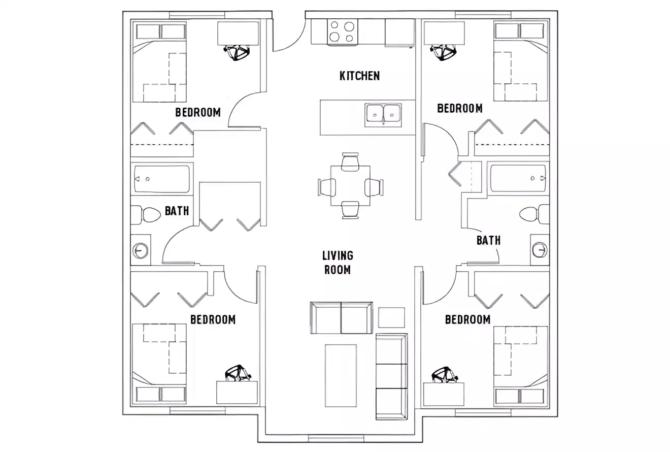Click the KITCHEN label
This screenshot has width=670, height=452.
(359, 76)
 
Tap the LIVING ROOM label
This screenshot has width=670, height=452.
(338, 263)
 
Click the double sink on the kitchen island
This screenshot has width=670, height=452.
(383, 114)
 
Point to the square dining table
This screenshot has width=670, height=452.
(350, 185)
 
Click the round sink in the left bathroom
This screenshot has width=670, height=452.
(141, 250)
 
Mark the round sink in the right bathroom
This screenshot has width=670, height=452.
(539, 249)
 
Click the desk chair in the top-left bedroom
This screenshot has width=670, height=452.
(237, 52)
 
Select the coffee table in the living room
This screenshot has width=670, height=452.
(340, 375)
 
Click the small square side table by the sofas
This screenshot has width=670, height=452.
(391, 317)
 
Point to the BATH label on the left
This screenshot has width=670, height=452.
(177, 210)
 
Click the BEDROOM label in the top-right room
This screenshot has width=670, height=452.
(459, 108)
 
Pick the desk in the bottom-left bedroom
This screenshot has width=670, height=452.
(237, 392)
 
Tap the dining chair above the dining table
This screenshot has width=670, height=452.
(350, 161)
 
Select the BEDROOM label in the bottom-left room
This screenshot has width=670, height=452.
(213, 319)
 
